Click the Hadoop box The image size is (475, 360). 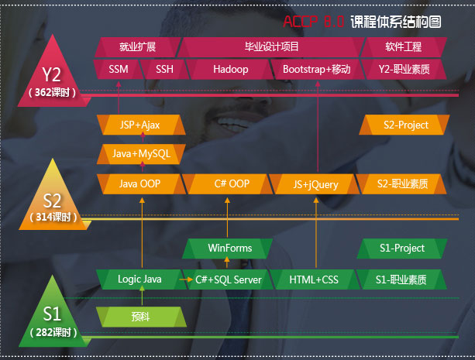click(230, 70)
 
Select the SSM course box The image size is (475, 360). click(119, 70)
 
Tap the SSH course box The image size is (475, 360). click(164, 70)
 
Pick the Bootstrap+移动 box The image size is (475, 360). click(316, 70)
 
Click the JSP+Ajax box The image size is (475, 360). click(140, 125)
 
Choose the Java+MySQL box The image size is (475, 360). click(140, 154)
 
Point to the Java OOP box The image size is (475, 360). click(140, 184)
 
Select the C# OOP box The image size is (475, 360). click(231, 184)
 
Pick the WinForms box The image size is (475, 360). click(230, 249)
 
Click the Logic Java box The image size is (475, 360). click(139, 279)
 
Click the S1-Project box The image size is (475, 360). click(402, 249)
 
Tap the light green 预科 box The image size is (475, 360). click(140, 316)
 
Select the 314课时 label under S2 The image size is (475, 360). click(52, 218)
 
